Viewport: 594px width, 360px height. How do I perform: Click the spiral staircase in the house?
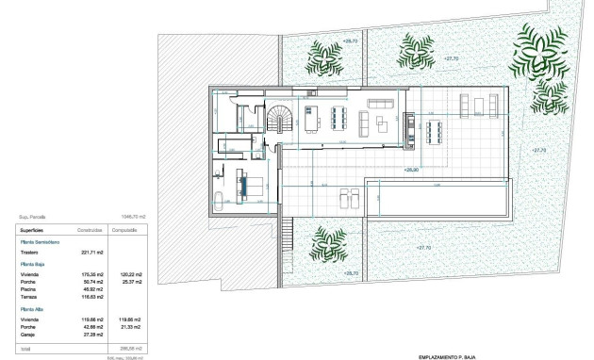click(x=281, y=120)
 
